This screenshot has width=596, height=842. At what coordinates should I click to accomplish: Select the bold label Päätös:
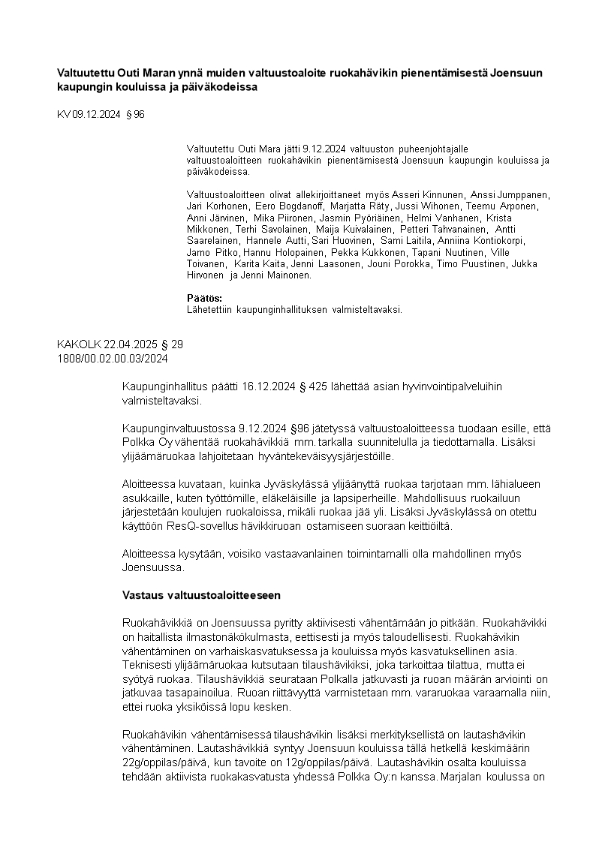click(x=199, y=299)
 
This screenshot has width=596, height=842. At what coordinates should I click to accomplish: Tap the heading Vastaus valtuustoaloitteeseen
click(x=201, y=596)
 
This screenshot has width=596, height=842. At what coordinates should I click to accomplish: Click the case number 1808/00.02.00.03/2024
click(x=113, y=359)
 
